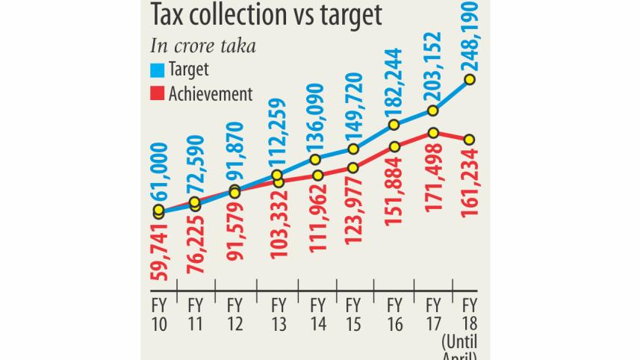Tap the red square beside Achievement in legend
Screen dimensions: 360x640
click(157, 93)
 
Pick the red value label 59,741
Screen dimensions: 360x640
click(158, 254)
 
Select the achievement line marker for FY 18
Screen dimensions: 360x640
click(470, 140)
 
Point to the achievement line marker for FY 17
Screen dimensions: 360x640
click(432, 133)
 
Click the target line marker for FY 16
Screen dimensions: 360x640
click(394, 125)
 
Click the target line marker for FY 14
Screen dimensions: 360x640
click(316, 159)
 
